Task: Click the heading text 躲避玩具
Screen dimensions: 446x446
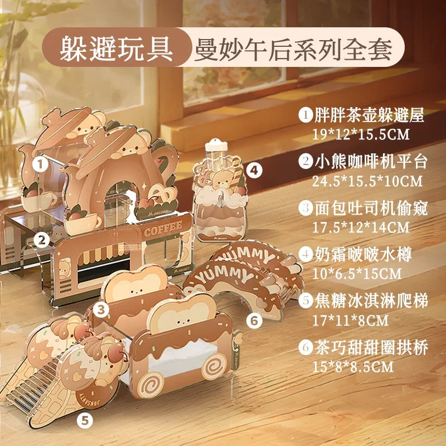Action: [117, 48]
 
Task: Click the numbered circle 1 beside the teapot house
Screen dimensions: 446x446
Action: [40, 164]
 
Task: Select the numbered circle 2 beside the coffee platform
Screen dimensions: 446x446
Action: [42, 240]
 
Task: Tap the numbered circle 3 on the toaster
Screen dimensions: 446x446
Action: [101, 310]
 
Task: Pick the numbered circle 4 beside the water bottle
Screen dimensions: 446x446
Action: [254, 170]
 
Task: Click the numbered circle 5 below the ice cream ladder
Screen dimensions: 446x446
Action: [85, 420]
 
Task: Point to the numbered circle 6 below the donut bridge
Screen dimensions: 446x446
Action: [254, 321]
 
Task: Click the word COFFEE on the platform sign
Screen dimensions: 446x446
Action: [163, 229]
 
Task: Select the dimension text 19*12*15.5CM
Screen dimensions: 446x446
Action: [361, 134]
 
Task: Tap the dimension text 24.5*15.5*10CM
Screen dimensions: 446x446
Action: [367, 181]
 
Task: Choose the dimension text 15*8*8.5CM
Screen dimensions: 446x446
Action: [353, 367]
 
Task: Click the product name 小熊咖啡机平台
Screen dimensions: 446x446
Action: [371, 162]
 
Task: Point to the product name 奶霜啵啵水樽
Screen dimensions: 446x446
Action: [363, 254]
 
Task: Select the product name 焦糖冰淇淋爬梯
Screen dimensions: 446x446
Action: [371, 300]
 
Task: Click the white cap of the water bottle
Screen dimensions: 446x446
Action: [216, 146]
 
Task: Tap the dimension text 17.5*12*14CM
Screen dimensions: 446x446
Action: [361, 227]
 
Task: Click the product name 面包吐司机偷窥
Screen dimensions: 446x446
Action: [371, 208]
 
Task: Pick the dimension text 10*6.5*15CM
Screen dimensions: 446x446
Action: [357, 274]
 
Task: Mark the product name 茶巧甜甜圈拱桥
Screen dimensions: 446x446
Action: [371, 347]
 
